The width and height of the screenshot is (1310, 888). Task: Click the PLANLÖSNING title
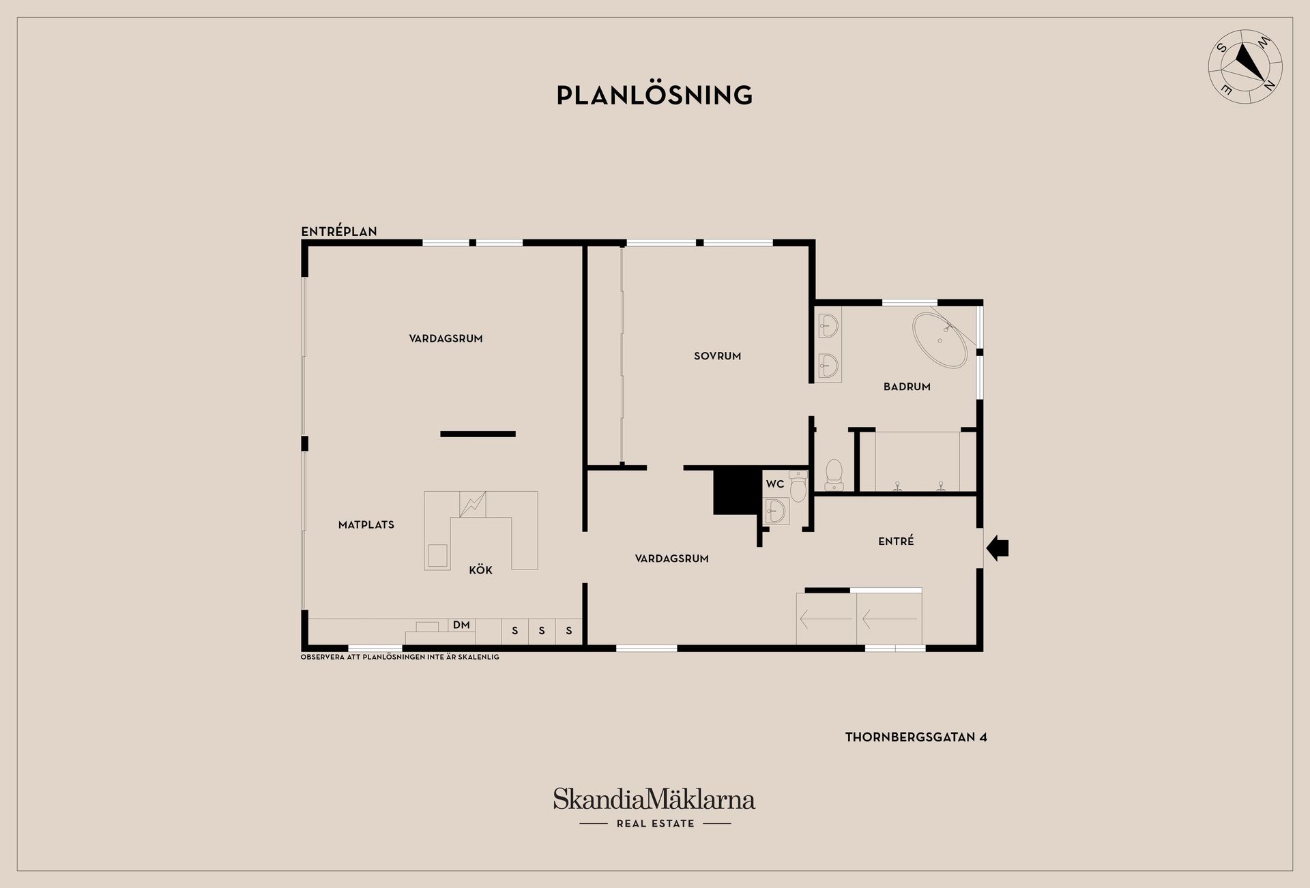click(x=654, y=95)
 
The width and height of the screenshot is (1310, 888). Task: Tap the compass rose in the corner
click(x=1245, y=67)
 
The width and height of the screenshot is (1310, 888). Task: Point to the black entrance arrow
click(x=998, y=548)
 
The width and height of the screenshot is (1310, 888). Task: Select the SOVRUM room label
click(x=717, y=356)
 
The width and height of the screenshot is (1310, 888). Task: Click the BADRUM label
click(x=907, y=387)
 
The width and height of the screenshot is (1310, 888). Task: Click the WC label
click(x=775, y=484)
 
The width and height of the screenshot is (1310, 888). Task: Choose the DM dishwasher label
click(x=461, y=625)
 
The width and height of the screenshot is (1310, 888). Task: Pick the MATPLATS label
click(x=366, y=524)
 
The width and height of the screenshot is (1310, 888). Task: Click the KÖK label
click(x=480, y=570)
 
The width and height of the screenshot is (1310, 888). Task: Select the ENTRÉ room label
click(x=896, y=541)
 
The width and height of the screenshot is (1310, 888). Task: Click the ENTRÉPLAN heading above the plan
click(x=339, y=231)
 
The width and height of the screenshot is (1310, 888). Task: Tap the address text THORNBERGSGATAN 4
click(x=916, y=737)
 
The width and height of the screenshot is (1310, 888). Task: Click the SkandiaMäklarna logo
click(x=654, y=799)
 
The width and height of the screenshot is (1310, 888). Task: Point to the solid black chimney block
click(x=737, y=491)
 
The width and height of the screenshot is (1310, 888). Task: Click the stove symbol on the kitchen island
click(x=472, y=504)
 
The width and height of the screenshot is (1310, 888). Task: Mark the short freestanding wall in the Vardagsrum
click(x=478, y=434)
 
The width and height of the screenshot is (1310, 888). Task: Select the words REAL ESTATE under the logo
click(x=655, y=824)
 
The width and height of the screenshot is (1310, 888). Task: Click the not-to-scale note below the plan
click(x=400, y=657)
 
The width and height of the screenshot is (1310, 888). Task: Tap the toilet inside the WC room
click(x=798, y=486)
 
